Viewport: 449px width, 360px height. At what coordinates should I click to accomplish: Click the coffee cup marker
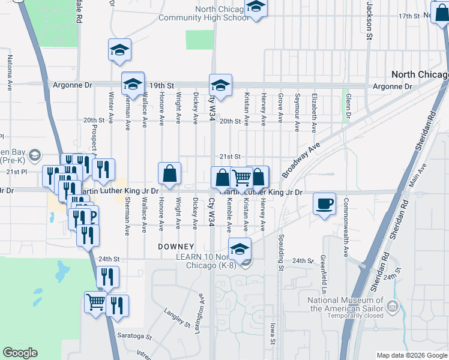[x=325, y=204]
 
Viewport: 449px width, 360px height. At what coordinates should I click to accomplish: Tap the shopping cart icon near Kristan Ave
[x=241, y=178]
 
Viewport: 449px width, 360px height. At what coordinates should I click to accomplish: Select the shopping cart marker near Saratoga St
[x=95, y=302]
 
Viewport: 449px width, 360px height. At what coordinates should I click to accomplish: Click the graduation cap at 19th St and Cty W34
[x=220, y=85]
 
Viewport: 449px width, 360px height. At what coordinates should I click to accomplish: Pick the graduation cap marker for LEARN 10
[x=240, y=248]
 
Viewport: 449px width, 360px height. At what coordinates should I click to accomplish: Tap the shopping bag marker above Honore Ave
[x=170, y=173]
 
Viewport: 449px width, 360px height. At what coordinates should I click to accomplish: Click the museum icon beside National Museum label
[x=393, y=307]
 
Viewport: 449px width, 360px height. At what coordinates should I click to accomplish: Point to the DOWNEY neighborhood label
[x=176, y=247]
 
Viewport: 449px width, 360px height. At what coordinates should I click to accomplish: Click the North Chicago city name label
[x=420, y=75]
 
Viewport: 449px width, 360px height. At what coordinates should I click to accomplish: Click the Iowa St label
[x=273, y=334]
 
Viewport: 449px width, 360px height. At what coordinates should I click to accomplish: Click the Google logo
[x=20, y=353]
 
